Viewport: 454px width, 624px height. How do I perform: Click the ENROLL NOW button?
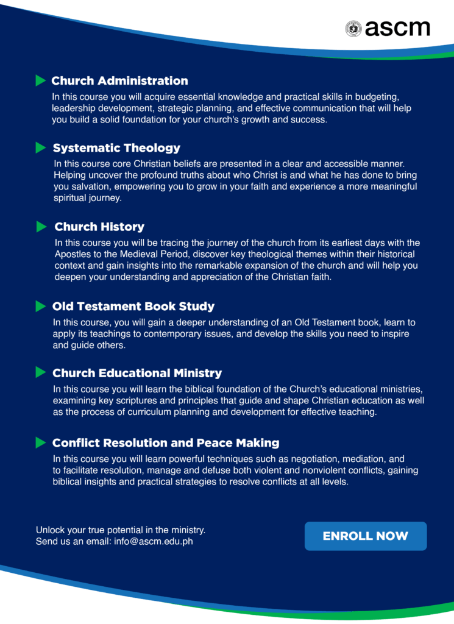point(366,536)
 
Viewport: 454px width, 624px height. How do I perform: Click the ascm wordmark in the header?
point(397,28)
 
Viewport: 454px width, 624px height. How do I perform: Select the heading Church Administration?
point(119,80)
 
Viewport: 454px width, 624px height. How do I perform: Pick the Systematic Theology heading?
point(116,147)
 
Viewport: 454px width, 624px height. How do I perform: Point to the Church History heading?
point(99,227)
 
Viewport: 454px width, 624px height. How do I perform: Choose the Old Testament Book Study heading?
point(133,306)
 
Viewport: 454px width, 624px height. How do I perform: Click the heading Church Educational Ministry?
point(137,373)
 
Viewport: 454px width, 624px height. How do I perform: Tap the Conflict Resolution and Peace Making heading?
point(166,442)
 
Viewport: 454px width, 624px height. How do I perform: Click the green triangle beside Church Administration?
point(41,80)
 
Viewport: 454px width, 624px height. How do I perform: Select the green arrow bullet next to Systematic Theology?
point(41,147)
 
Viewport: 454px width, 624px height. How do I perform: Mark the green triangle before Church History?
point(41,227)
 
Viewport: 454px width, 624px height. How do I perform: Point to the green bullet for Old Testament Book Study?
point(41,306)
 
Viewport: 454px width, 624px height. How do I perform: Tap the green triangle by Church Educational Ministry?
point(41,372)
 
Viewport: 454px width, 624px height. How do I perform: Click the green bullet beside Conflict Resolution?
point(41,442)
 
